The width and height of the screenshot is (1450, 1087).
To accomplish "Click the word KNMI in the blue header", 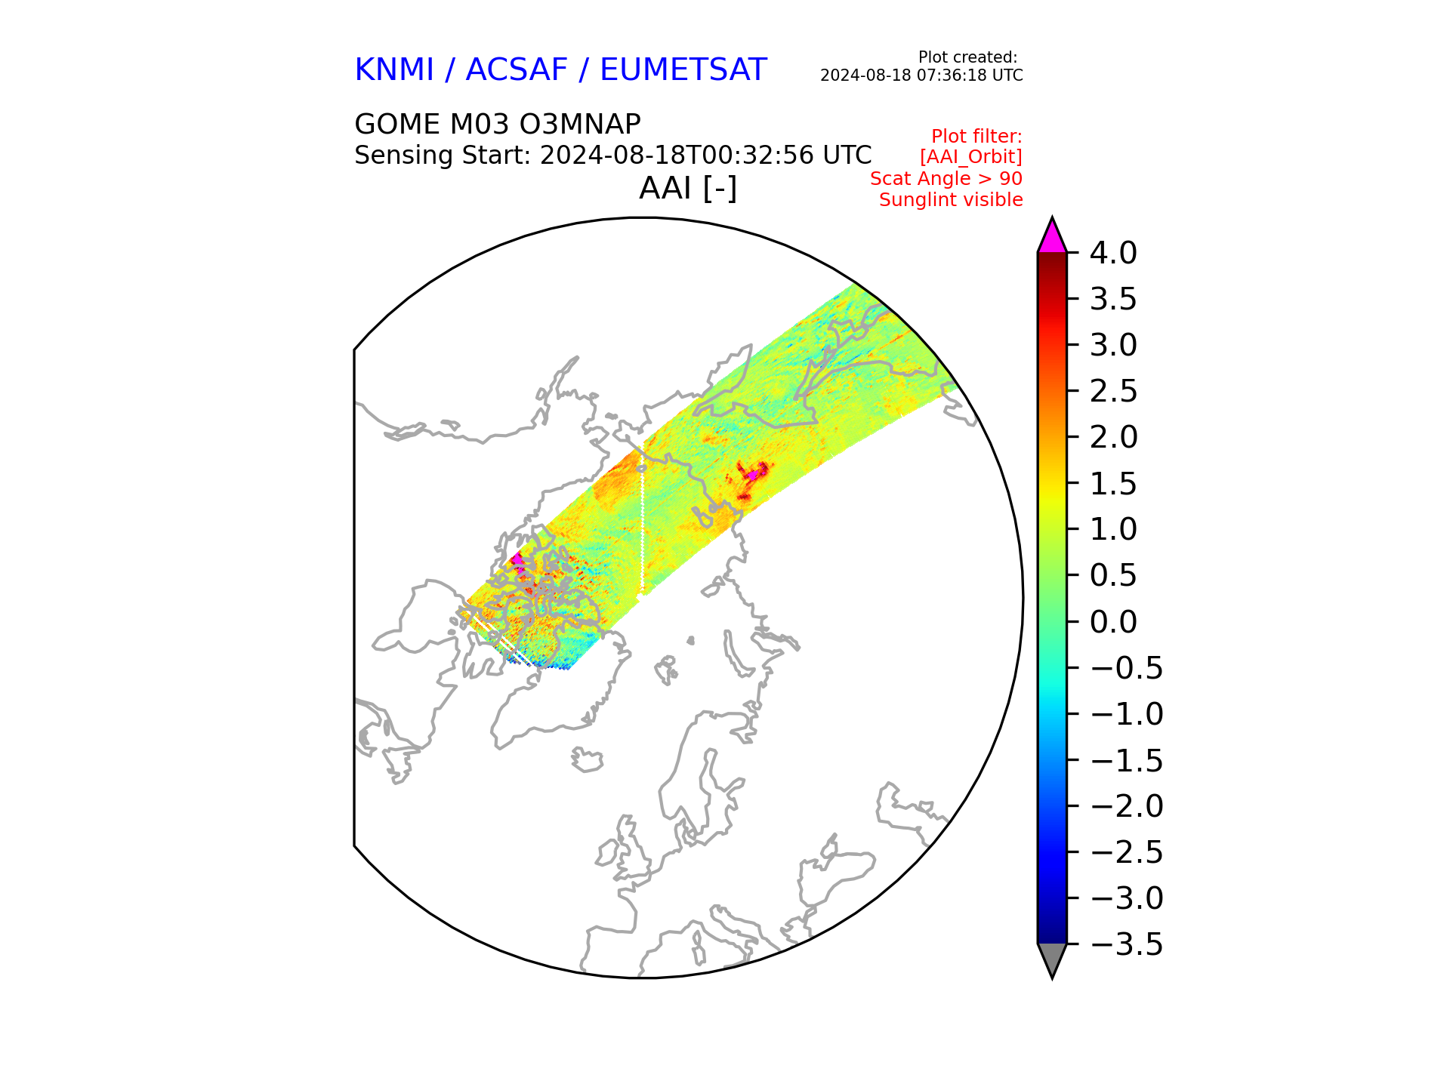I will pyautogui.click(x=393, y=70).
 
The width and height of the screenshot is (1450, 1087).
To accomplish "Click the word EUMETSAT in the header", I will pyautogui.click(x=683, y=70).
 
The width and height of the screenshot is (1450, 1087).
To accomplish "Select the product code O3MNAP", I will pyautogui.click(x=580, y=124).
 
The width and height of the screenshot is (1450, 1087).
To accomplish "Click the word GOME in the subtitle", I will pyautogui.click(x=397, y=124).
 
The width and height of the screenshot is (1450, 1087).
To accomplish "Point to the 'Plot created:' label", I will pyautogui.click(x=967, y=57).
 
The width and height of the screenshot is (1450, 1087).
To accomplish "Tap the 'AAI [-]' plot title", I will pyautogui.click(x=687, y=188).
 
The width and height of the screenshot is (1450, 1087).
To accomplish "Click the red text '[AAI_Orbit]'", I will pyautogui.click(x=970, y=157).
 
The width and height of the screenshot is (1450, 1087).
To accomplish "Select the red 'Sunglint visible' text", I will pyautogui.click(x=950, y=200).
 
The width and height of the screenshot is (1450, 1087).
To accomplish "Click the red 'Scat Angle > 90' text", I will pyautogui.click(x=946, y=179).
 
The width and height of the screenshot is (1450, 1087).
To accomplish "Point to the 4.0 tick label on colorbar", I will pyautogui.click(x=1112, y=254).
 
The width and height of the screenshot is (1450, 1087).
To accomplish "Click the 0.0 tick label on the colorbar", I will pyautogui.click(x=1112, y=622).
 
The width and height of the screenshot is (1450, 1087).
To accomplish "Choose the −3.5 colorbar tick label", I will pyautogui.click(x=1127, y=945).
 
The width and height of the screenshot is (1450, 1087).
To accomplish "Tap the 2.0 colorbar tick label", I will pyautogui.click(x=1112, y=438).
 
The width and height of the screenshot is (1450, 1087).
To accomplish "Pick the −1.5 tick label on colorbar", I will pyautogui.click(x=1127, y=761).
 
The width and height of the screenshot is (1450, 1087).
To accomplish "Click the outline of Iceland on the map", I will pyautogui.click(x=587, y=759).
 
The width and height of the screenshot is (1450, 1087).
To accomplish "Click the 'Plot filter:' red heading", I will pyautogui.click(x=976, y=137).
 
